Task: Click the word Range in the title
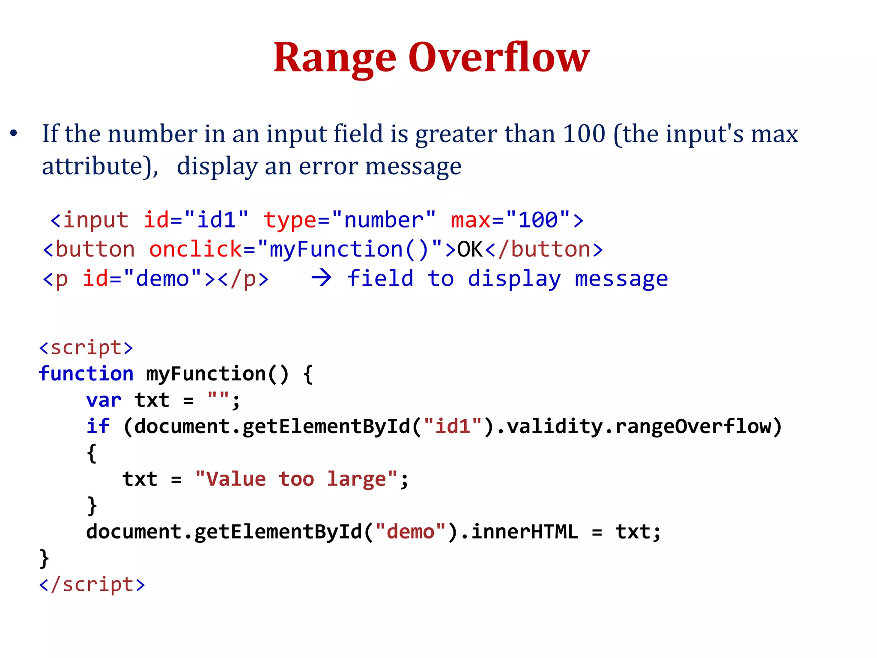tap(335, 58)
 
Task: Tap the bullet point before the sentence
tap(14, 133)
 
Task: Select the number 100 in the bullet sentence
tap(584, 133)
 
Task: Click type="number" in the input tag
tap(349, 220)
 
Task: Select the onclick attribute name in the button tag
tap(196, 249)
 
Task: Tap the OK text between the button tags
tap(470, 249)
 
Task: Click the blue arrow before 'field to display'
tap(321, 278)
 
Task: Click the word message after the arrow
tap(621, 279)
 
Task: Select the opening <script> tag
tap(86, 347)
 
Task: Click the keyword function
tap(86, 374)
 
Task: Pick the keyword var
tap(104, 400)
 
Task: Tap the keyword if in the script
tap(98, 426)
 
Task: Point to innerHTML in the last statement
tap(525, 532)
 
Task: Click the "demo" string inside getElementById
tap(411, 532)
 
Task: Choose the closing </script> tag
tap(92, 584)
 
